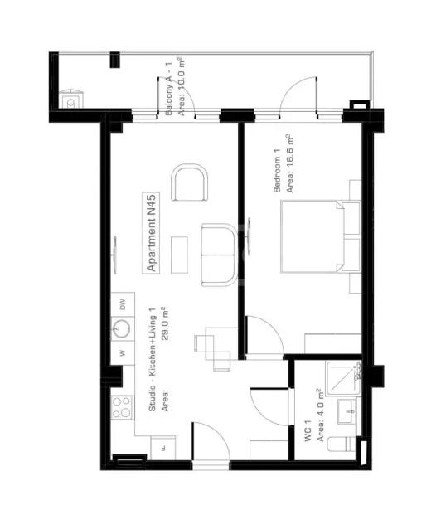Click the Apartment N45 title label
pos(151,233)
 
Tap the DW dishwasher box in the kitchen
pos(123,304)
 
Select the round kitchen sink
pos(121,328)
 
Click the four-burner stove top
pos(122,407)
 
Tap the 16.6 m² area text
pos(290,163)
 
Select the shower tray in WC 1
pos(343,378)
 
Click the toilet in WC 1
pos(342,444)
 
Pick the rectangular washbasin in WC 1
pos(346,411)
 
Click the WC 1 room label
pos(308,430)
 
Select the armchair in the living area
pos(190,182)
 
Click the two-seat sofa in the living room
pos(220,255)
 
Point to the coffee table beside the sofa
pos(179,255)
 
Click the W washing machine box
pos(123,352)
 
